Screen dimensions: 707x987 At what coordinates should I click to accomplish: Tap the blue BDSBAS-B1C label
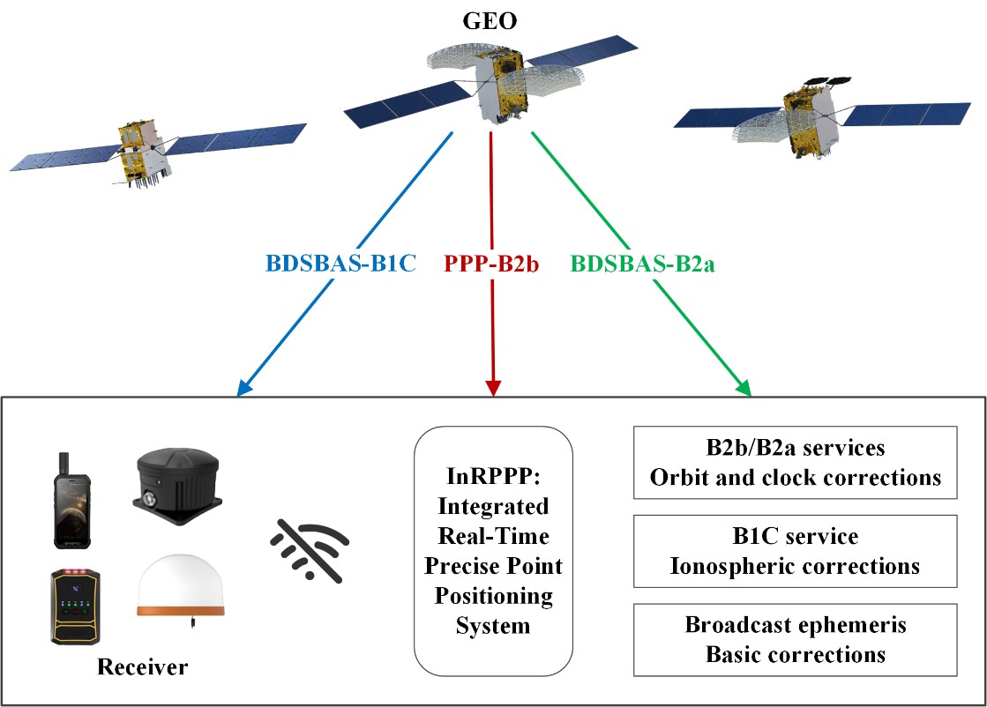[x=340, y=263]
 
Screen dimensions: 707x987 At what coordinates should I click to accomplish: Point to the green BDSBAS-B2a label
[x=642, y=263]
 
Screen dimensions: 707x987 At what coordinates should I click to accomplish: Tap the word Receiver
[x=143, y=666]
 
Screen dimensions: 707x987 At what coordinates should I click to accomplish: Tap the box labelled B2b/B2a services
[x=796, y=462]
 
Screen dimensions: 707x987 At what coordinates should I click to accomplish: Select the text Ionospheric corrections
[x=796, y=565]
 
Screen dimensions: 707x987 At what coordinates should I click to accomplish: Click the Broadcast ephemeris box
[x=796, y=639]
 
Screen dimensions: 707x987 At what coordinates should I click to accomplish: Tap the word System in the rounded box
[x=493, y=626]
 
